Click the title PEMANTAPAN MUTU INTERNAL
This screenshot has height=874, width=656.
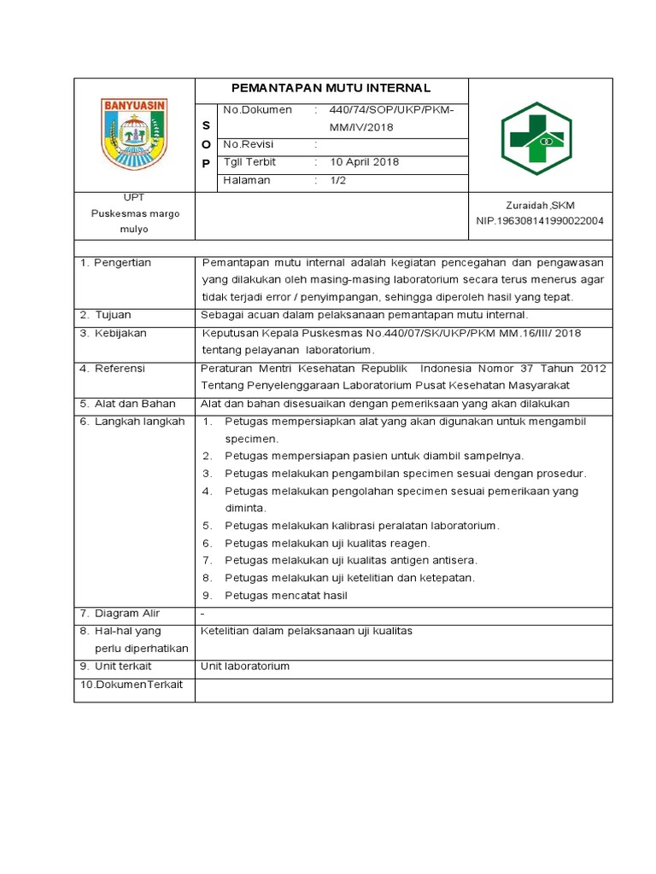(332, 89)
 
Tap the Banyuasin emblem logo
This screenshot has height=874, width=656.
(135, 135)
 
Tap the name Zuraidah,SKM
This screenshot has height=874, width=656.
(541, 206)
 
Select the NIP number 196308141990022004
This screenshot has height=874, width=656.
(540, 221)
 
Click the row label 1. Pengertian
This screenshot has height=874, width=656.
(115, 263)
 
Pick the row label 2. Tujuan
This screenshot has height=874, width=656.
(105, 315)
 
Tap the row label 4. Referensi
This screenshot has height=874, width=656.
(112, 368)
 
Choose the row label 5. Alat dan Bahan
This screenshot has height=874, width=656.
(127, 404)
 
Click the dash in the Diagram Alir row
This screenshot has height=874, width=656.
(202, 614)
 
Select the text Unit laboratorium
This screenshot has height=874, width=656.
(245, 666)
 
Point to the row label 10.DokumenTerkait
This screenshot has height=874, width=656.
(132, 685)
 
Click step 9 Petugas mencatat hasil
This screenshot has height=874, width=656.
(285, 595)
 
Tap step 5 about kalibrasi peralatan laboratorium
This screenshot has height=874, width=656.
(361, 526)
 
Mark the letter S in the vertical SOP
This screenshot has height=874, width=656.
(205, 126)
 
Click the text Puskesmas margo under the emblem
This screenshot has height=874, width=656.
(135, 214)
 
